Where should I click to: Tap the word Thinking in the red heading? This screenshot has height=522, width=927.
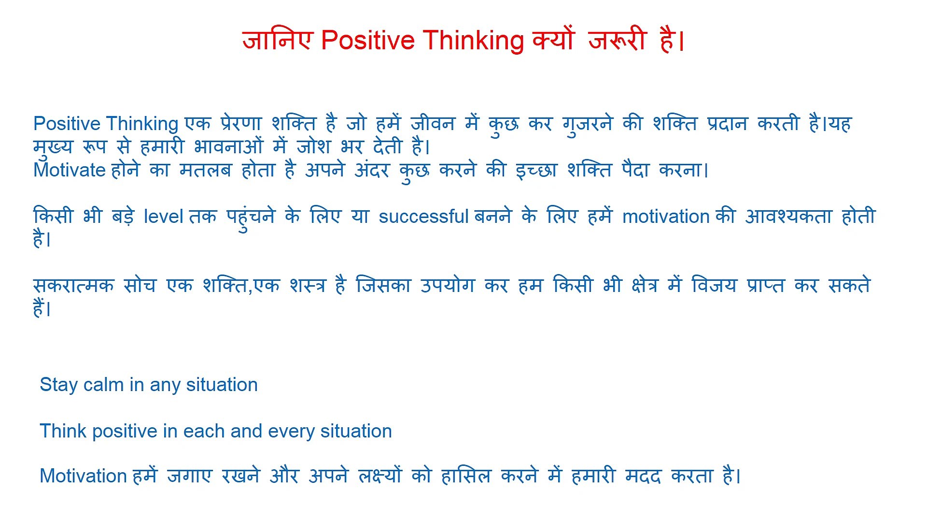[473, 40]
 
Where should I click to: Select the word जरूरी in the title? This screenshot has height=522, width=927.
[617, 40]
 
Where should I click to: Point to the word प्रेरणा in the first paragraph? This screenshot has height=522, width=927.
[241, 124]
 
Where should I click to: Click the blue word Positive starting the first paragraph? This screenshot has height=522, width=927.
[67, 124]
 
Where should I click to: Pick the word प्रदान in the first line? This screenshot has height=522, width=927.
[727, 124]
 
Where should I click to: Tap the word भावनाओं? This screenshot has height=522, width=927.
[228, 146]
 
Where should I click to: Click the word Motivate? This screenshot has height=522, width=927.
[70, 170]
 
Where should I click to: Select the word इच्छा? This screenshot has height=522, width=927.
[536, 170]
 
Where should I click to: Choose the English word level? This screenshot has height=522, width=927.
[164, 217]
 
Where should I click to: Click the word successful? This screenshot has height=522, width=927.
[423, 217]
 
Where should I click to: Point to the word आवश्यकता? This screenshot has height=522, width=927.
[788, 217]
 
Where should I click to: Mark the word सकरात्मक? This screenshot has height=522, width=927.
[73, 286]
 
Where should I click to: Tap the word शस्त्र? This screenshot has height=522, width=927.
[308, 286]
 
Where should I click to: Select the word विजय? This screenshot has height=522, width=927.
[714, 286]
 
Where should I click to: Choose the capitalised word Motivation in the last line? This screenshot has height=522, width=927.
[83, 476]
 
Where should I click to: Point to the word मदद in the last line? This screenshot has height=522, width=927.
[643, 476]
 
